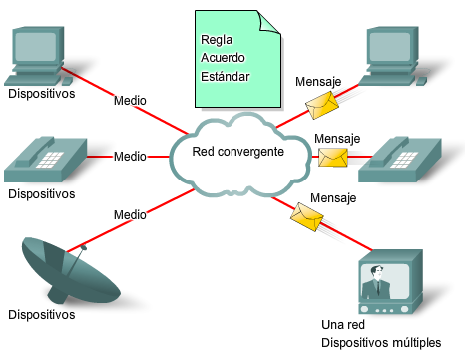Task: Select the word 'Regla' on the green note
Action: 216,40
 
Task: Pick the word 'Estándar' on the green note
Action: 225,76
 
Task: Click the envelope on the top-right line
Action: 320,102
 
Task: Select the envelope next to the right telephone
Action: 331,158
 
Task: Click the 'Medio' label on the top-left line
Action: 131,101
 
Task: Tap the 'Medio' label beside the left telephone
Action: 129,157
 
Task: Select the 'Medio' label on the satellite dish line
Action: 130,213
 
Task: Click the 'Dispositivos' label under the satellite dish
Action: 41,315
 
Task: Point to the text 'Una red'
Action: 344,325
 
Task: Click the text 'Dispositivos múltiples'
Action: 380,343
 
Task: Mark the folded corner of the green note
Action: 267,21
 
